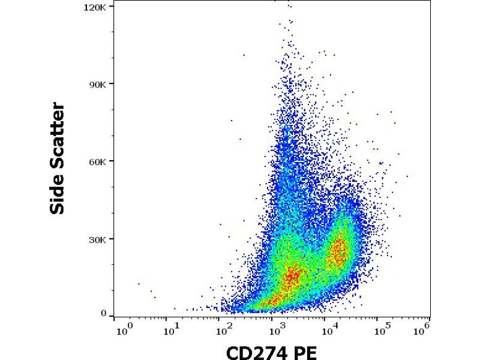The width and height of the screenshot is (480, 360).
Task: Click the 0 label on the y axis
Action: (103, 313)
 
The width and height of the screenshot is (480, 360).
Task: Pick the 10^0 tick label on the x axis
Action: (124, 329)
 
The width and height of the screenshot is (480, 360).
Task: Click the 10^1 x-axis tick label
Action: (173, 329)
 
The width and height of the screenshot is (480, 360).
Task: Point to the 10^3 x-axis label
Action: (276, 329)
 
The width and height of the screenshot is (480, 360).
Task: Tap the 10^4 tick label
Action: (328, 329)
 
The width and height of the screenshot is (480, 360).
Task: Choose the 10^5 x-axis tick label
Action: (379, 329)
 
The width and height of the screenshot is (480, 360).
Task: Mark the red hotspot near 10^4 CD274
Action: (339, 251)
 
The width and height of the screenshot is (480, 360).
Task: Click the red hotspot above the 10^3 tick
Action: (292, 277)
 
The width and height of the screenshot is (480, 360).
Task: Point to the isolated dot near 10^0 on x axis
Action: (139, 284)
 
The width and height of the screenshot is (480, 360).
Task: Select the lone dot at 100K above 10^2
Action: (244, 55)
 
